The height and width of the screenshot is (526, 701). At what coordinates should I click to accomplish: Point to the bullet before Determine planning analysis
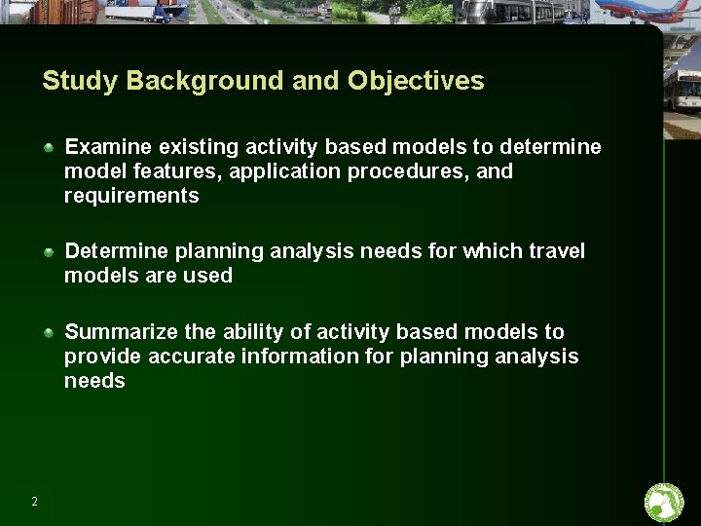tap(49, 251)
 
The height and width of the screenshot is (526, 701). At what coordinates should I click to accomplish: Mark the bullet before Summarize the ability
tap(49, 332)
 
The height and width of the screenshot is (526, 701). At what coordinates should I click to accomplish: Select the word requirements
tap(131, 196)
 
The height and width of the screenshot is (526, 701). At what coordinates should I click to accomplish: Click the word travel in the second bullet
tap(556, 251)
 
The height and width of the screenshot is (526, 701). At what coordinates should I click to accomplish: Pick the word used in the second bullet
tap(212, 276)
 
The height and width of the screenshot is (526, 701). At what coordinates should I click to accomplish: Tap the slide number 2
tap(35, 502)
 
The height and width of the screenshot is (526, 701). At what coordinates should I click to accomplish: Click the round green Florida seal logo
tap(665, 503)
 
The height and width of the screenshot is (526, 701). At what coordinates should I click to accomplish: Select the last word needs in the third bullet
tap(94, 381)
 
